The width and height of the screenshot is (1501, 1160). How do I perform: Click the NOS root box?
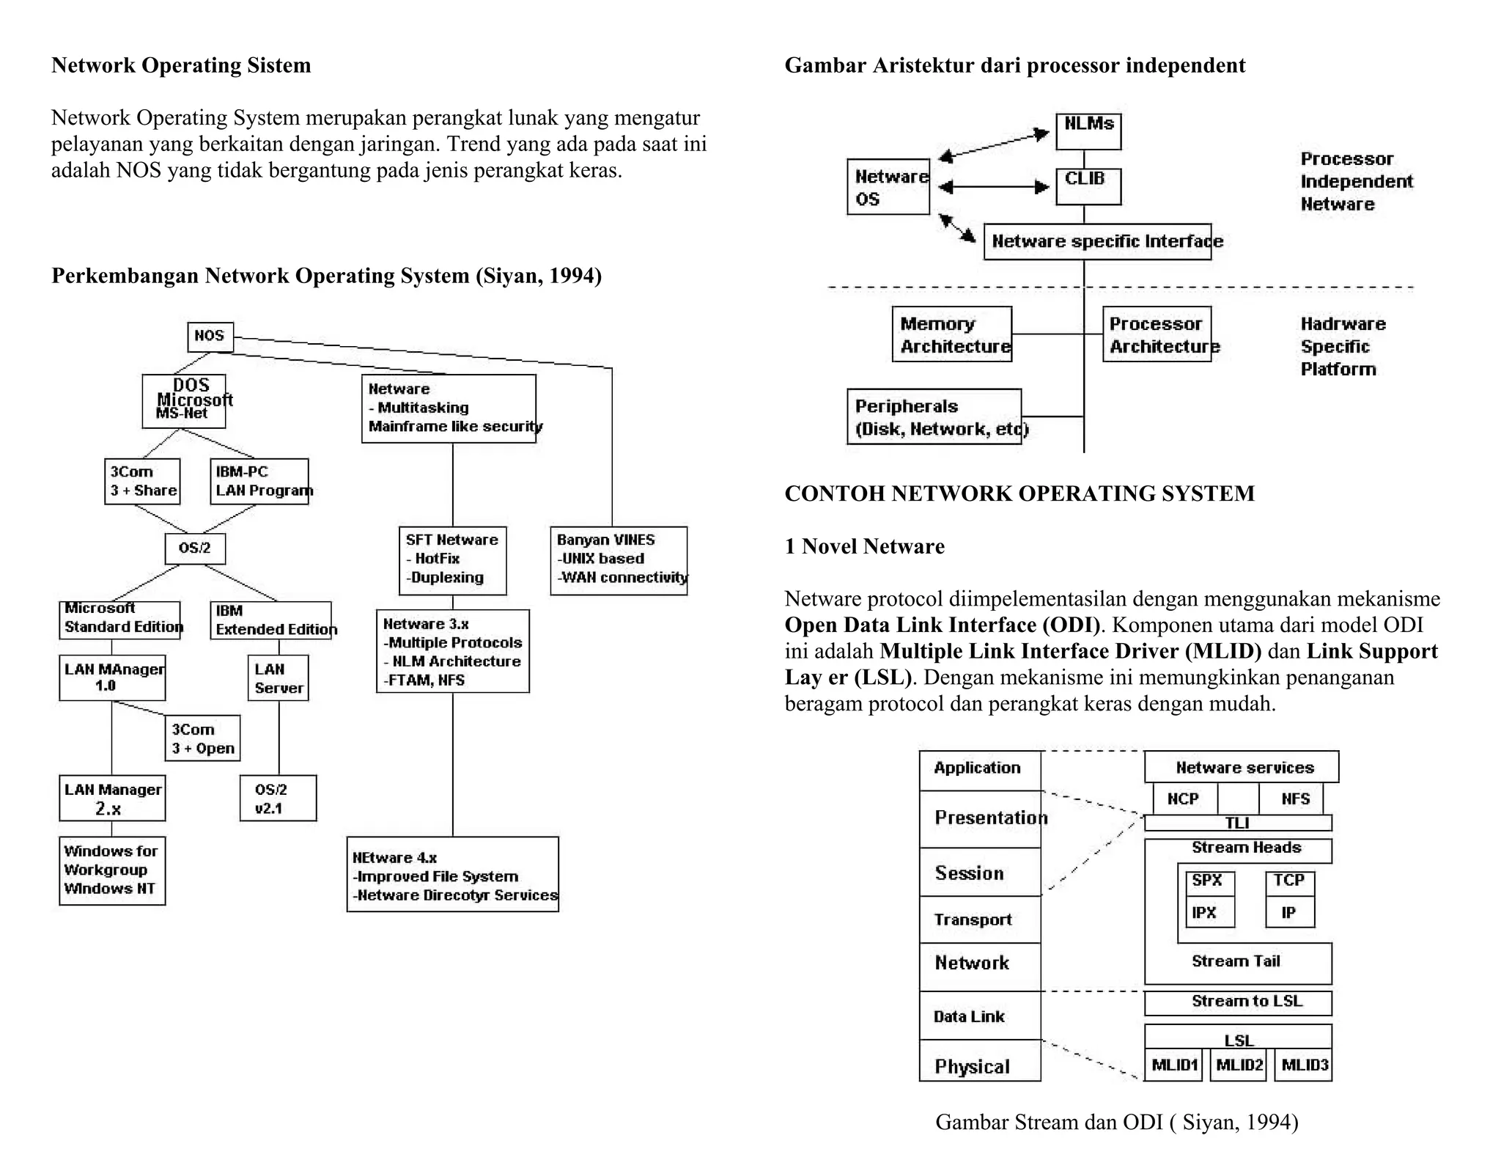[210, 337]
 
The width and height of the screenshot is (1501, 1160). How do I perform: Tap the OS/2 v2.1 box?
[278, 798]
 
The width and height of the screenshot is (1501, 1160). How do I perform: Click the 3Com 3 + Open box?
[202, 738]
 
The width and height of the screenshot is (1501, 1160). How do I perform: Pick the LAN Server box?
[278, 678]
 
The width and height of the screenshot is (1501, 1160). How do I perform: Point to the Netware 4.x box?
[452, 874]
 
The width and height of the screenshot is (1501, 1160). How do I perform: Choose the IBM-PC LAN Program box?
[259, 481]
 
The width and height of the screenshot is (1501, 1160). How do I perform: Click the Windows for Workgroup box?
[111, 870]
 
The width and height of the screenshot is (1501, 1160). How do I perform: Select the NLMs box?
[1088, 131]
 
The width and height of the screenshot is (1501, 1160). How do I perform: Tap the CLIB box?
[1088, 186]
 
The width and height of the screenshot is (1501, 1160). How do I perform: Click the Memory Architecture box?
[951, 334]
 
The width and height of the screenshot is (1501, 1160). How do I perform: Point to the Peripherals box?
[934, 416]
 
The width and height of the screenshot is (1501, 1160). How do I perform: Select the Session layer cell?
[980, 873]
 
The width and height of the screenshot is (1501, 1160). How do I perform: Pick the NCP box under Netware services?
[1184, 799]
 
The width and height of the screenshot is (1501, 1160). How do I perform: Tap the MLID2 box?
[1239, 1065]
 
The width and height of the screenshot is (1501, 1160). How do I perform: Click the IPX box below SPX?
[1209, 913]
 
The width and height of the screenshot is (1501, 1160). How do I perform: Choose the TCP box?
[1289, 880]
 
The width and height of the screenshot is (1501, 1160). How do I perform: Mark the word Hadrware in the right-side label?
[1343, 324]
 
